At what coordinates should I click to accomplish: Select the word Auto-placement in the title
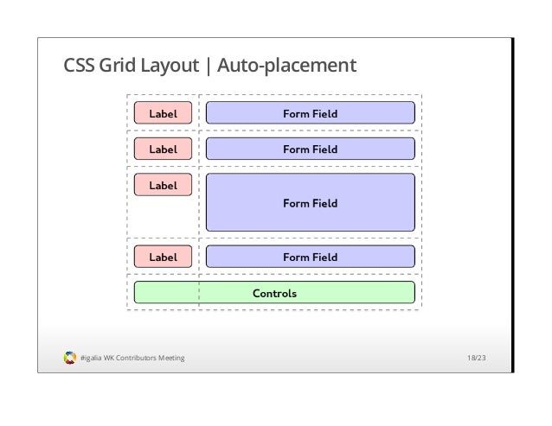[x=285, y=66]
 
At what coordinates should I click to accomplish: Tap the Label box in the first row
[x=163, y=113]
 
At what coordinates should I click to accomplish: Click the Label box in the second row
[x=163, y=149]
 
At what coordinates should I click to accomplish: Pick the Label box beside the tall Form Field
[x=163, y=185]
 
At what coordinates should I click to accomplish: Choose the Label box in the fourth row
[x=163, y=257]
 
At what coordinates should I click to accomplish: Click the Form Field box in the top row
[x=310, y=113]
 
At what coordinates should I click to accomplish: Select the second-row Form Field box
[x=310, y=149]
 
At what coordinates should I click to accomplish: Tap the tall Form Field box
[x=310, y=203]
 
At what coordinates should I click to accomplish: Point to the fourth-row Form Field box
[x=310, y=257]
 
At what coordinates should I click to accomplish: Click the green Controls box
[x=363, y=293]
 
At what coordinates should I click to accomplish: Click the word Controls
[x=274, y=293]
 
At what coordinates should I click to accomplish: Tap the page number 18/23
[x=476, y=358]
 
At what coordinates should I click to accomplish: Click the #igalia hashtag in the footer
[x=90, y=358]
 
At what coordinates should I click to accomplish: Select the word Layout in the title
[x=171, y=66]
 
